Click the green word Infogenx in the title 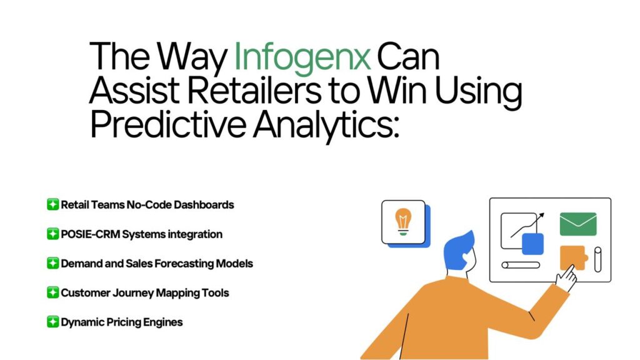[302, 57]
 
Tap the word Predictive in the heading [167, 124]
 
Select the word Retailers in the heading [254, 90]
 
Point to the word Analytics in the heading [326, 125]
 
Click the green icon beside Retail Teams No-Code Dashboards [52, 204]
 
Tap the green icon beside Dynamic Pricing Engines [52, 322]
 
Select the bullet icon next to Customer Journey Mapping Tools [52, 292]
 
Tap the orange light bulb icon [403, 222]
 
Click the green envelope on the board [578, 224]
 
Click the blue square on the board [532, 244]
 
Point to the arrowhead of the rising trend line [542, 215]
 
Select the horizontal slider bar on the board [521, 265]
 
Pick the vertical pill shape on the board [597, 259]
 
